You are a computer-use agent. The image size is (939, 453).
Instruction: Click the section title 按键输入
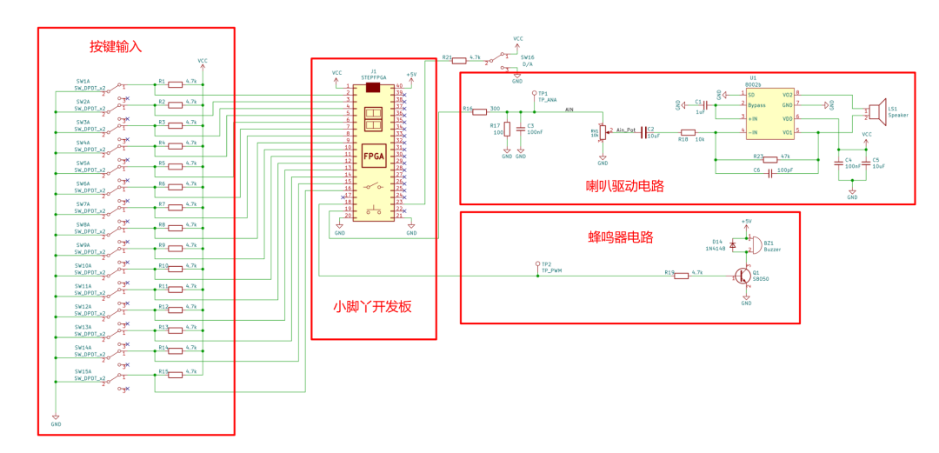[116, 46]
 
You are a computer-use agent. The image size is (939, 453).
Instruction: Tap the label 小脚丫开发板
[372, 306]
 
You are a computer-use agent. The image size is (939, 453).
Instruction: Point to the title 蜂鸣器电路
[620, 236]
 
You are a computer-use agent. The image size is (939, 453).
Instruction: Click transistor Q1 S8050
[743, 276]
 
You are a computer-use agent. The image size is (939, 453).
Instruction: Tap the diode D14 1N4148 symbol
[733, 245]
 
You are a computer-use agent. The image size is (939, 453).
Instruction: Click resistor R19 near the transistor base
[683, 276]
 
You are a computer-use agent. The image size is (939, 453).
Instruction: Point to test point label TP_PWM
[552, 271]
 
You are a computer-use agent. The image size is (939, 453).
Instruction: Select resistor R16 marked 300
[479, 111]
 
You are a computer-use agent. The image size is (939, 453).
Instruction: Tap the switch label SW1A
[83, 81]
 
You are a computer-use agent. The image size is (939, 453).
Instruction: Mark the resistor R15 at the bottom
[175, 375]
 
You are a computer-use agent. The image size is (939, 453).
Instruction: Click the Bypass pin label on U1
[757, 104]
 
